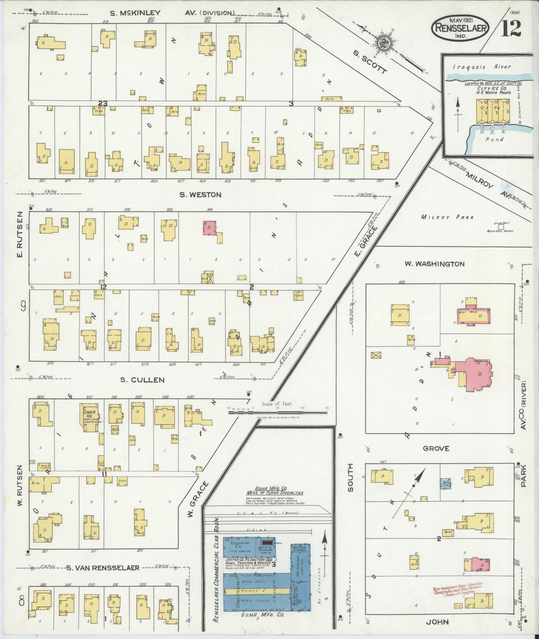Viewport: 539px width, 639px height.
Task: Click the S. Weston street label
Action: [x=200, y=195]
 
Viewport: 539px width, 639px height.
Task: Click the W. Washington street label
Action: [x=435, y=264]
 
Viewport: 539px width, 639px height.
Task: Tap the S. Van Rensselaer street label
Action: [x=103, y=568]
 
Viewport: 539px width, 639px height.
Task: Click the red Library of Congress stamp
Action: [x=458, y=591]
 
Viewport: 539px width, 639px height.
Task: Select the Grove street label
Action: [x=436, y=448]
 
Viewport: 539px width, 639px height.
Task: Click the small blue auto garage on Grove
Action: [x=445, y=484]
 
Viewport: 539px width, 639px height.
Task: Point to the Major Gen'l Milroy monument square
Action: [x=501, y=226]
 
